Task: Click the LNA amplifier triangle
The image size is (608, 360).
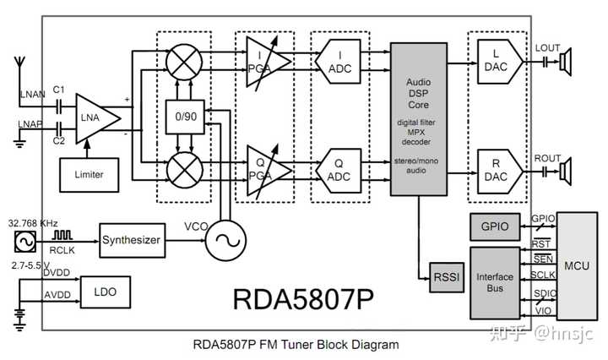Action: (95, 118)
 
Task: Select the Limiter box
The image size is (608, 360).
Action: (90, 175)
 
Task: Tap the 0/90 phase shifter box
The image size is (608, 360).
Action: (185, 117)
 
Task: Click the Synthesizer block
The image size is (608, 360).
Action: (133, 240)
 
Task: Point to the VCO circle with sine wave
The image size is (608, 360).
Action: (225, 241)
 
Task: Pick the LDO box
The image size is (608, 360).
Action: (106, 292)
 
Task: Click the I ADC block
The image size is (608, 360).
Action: (338, 62)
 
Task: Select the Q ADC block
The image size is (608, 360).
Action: (338, 171)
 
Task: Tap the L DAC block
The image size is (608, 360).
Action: (499, 62)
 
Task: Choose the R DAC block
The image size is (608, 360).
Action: (499, 171)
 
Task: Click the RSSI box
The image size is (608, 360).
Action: (447, 277)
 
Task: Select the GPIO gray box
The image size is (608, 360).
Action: (495, 226)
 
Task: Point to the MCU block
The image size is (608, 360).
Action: (577, 265)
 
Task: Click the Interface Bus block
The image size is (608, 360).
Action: (495, 283)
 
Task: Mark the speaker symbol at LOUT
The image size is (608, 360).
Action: (566, 62)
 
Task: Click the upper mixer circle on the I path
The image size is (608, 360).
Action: (184, 62)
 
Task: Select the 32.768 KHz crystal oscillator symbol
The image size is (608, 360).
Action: (25, 242)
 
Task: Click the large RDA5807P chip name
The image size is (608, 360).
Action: (303, 299)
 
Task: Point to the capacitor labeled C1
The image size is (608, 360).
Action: (59, 106)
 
